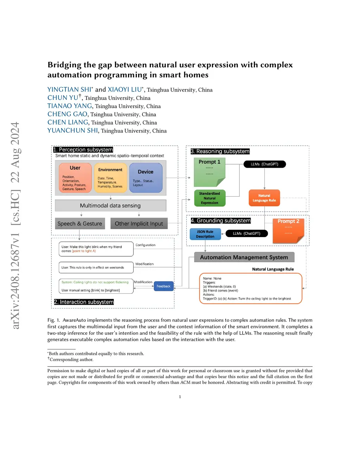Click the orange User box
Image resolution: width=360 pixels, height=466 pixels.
click(75, 178)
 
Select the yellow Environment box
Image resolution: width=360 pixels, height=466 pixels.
click(110, 178)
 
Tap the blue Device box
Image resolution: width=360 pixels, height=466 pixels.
click(146, 178)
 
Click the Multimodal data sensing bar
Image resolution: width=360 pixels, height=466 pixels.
click(110, 205)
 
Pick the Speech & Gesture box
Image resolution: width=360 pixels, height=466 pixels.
click(80, 224)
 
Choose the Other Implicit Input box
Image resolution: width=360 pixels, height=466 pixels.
click(139, 224)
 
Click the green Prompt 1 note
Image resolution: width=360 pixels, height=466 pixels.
click(210, 172)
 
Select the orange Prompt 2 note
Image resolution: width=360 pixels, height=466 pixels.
click(288, 230)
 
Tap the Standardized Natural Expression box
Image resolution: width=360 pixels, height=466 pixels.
click(210, 198)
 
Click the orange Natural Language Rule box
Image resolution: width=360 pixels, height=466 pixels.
click(264, 198)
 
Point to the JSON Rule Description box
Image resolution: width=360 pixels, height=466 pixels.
click(205, 234)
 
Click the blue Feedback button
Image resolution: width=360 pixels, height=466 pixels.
click(163, 286)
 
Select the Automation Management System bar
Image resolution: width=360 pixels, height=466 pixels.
click(244, 257)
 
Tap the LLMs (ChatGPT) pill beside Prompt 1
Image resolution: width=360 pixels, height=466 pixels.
click(264, 164)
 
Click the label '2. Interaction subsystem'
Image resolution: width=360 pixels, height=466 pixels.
click(84, 302)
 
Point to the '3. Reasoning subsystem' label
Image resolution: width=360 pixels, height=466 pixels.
click(220, 151)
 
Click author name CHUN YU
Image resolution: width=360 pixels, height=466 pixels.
click(63, 98)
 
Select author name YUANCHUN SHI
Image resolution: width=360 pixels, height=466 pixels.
click(73, 130)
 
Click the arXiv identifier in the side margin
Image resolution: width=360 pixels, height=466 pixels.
click(15, 225)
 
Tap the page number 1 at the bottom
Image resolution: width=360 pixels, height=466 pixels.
click(180, 397)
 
